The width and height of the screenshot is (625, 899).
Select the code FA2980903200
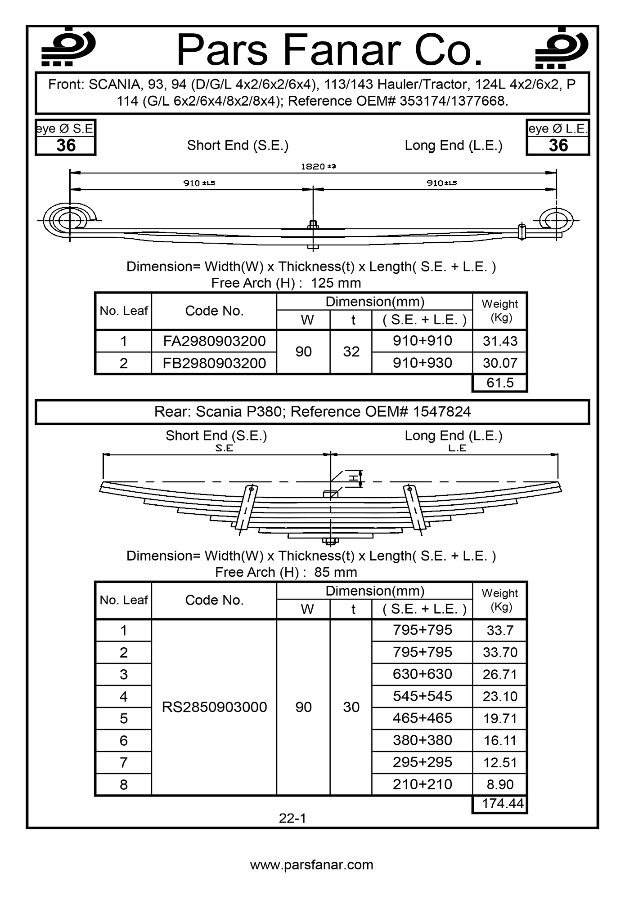tap(214, 341)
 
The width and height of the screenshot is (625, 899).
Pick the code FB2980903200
tap(214, 363)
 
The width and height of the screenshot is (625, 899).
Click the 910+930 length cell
tap(422, 363)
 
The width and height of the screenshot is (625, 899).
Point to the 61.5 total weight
tap(500, 383)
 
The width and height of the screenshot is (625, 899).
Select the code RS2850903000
tap(214, 707)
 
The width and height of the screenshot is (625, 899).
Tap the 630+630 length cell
tap(422, 674)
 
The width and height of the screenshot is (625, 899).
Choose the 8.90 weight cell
tap(500, 784)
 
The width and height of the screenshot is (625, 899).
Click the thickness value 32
tap(351, 352)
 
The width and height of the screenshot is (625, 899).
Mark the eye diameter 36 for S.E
tap(66, 146)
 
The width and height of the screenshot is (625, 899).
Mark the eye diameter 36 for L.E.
tap(558, 146)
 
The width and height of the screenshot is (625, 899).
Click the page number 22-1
tap(292, 819)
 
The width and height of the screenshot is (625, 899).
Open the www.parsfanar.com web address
tap(312, 865)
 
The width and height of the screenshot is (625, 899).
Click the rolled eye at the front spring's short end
tap(69, 221)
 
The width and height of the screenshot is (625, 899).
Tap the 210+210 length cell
tap(422, 784)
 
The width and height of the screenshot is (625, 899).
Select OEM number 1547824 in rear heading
tap(441, 412)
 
